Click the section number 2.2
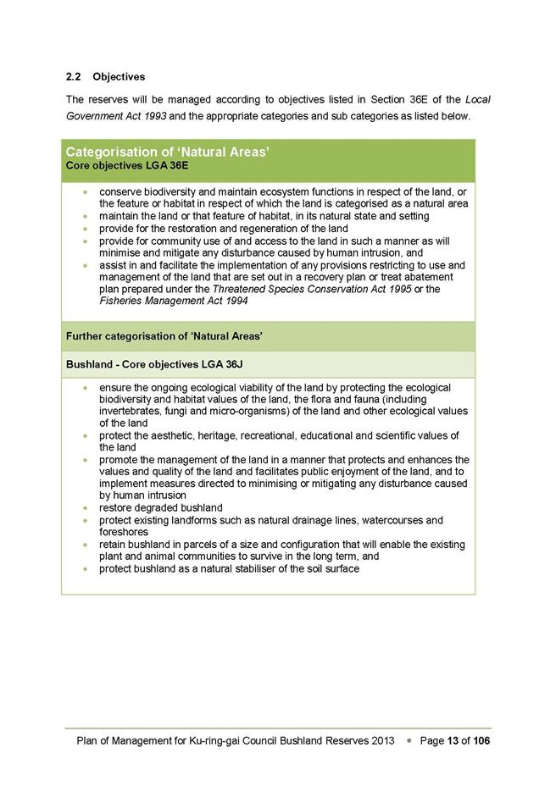73,77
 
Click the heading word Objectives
119,77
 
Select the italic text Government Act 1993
114,116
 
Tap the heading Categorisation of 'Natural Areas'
167,152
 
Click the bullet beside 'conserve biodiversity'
87,191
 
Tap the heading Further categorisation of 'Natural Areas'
164,336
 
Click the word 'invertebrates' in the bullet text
131,411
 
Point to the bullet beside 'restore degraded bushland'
87,507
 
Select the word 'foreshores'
124,532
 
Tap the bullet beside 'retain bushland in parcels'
87,544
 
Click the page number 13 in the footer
453,741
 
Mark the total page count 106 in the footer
481,741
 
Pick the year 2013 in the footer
382,741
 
